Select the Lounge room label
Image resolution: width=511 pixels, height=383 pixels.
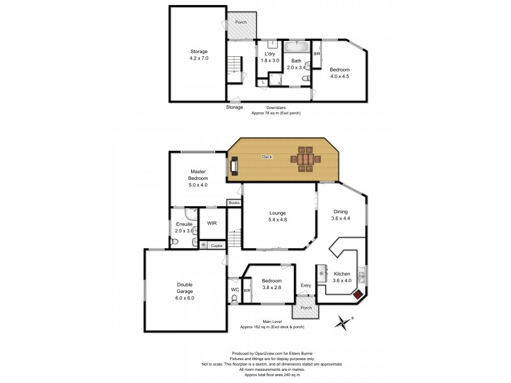click(x=277, y=216)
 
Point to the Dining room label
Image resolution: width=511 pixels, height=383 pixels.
click(x=341, y=216)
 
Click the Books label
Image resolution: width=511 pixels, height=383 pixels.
click(x=234, y=204)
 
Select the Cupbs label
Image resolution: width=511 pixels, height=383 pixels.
click(x=217, y=244)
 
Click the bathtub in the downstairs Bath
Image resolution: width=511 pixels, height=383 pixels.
click(x=297, y=47)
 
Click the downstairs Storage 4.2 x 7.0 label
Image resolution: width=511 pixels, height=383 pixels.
click(x=199, y=54)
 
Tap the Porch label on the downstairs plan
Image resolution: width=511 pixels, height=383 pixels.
click(x=241, y=22)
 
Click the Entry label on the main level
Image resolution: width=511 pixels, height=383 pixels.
click(x=306, y=285)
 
